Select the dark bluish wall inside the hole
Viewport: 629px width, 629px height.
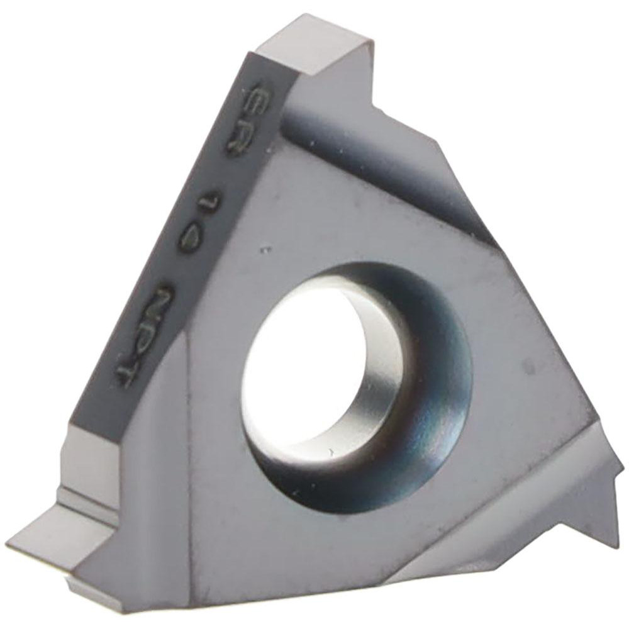[428, 390]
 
